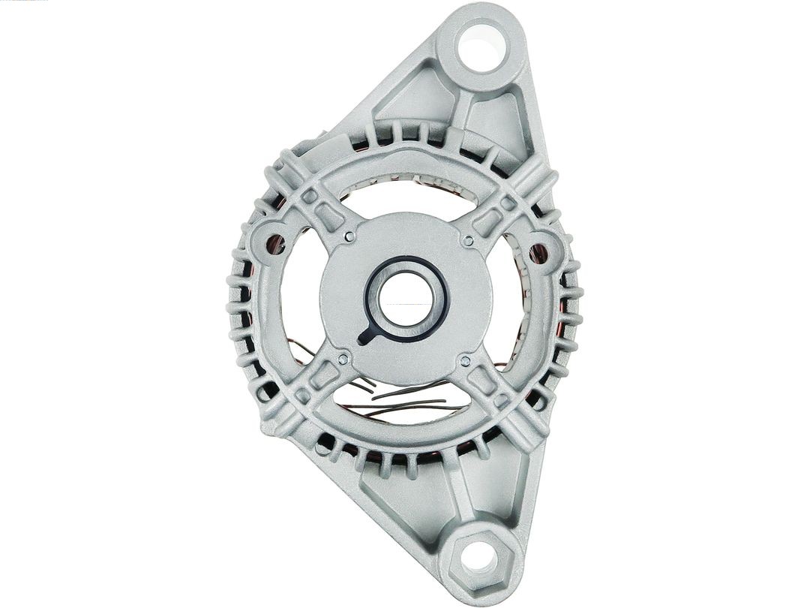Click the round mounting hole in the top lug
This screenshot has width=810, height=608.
click(x=481, y=47)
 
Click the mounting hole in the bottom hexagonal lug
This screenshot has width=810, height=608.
click(x=478, y=557)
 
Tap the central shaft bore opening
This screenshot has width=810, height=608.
click(x=406, y=298)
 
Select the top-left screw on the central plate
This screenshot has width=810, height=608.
click(x=349, y=238)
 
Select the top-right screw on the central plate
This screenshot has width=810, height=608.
click(x=468, y=242)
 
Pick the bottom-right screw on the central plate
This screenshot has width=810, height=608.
click(x=465, y=362)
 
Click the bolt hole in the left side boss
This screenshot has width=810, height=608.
click(x=275, y=245)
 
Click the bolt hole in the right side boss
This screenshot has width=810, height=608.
click(x=537, y=254)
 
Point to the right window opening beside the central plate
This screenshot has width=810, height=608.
click(x=510, y=300)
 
